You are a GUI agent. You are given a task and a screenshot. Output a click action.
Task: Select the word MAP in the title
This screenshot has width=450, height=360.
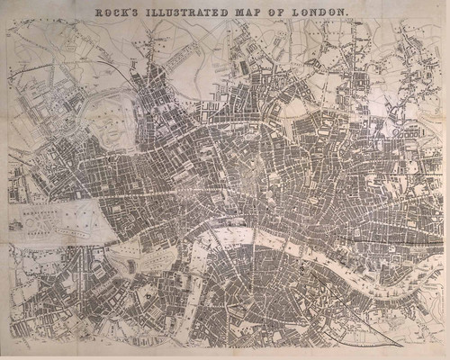tap(248, 13)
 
